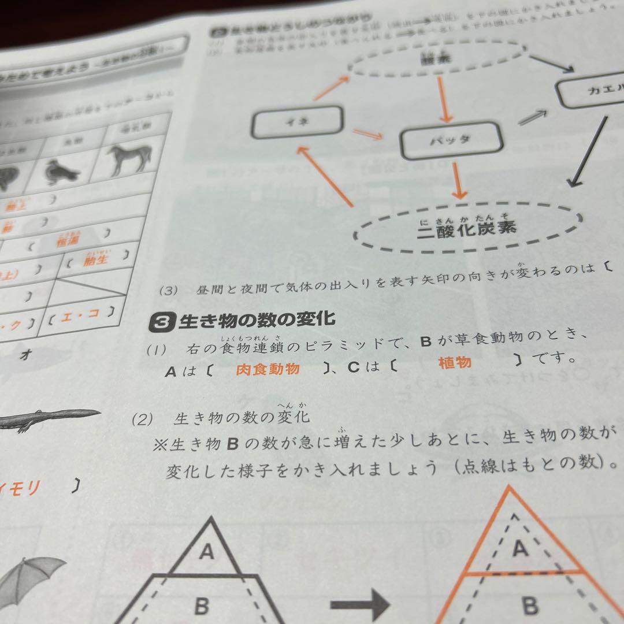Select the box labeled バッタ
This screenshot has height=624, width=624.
click(x=451, y=140)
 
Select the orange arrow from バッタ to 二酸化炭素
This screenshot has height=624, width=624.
click(x=458, y=180)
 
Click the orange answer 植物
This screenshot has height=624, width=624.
click(x=455, y=362)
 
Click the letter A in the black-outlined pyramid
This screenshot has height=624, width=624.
click(x=206, y=552)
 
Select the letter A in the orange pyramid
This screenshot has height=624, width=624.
click(x=520, y=548)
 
